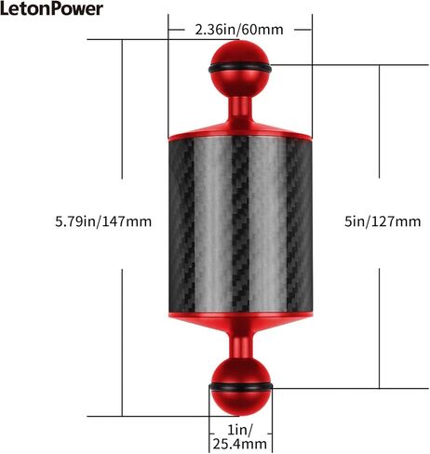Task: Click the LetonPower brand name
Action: click(51, 8)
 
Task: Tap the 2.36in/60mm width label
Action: click(239, 30)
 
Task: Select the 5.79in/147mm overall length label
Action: click(103, 221)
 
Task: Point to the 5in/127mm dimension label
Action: click(383, 221)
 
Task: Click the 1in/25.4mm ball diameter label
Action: click(240, 437)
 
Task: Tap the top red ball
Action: click(240, 69)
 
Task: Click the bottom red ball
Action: click(240, 387)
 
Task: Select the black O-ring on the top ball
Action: click(240, 68)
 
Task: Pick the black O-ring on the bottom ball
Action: click(241, 387)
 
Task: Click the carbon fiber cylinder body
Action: click(240, 226)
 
